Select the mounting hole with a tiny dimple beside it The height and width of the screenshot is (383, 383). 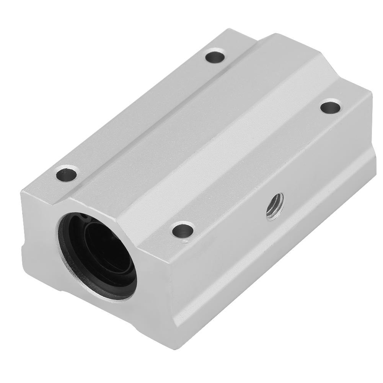182,230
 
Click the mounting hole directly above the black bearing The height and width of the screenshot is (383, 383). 67,174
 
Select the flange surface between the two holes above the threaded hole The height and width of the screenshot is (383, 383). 260,161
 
